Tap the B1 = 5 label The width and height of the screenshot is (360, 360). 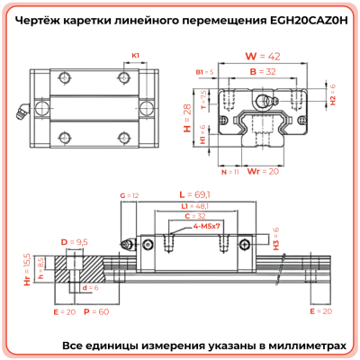(204, 70)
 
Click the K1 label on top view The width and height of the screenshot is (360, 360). (136, 55)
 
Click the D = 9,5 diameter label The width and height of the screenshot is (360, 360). (74, 243)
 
